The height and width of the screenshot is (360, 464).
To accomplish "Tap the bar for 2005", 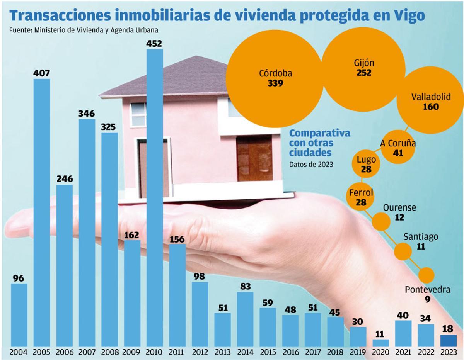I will coord(42,212).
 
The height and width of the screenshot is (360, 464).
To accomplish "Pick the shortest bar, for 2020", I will coord(381,343).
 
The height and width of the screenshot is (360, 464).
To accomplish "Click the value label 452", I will coord(155,43).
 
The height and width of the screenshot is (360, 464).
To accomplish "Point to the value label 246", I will coord(64,179).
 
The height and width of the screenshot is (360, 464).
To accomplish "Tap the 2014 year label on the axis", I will coord(245,353).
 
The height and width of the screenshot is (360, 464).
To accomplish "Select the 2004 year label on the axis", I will coord(19,353).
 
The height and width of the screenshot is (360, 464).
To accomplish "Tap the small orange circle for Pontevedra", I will coord(427,275).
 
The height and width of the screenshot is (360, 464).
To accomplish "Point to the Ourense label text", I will coord(399,208).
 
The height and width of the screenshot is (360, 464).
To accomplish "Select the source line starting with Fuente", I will coord(84,30).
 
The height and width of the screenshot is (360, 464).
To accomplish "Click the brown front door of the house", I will coord(254,158).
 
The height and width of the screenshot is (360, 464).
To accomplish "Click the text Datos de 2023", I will coord(311,164).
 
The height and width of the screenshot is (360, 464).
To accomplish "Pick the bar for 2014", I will coord(245,319).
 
